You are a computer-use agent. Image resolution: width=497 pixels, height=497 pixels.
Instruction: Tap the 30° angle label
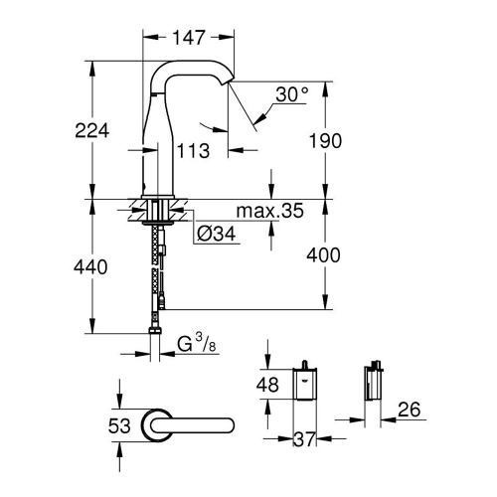pos(292,94)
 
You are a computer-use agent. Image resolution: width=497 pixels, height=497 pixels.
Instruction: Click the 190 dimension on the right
pos(324,141)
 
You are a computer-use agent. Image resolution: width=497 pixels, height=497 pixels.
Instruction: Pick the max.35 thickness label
pos(268,211)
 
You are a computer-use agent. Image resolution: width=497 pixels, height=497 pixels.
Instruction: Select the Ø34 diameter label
pos(216,234)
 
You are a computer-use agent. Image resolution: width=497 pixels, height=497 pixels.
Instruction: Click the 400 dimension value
pos(324,255)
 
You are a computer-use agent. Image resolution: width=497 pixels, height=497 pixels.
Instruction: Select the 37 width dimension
pos(305,436)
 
